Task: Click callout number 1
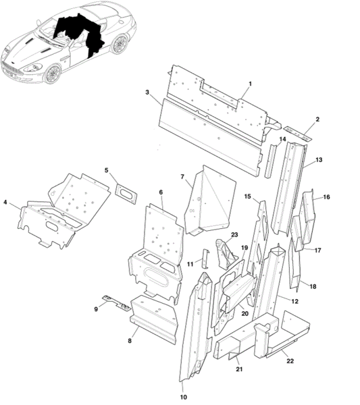250,84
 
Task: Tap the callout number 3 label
147,92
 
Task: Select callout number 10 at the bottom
183,397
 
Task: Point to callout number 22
290,361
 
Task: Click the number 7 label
182,177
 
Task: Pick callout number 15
247,196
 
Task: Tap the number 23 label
234,235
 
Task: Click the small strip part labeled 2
298,134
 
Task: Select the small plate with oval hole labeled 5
126,194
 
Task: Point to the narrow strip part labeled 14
270,161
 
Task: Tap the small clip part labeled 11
206,259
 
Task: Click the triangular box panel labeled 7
210,200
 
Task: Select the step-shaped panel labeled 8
154,319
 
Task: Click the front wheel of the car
53,74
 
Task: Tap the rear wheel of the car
119,44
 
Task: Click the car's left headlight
33,68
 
